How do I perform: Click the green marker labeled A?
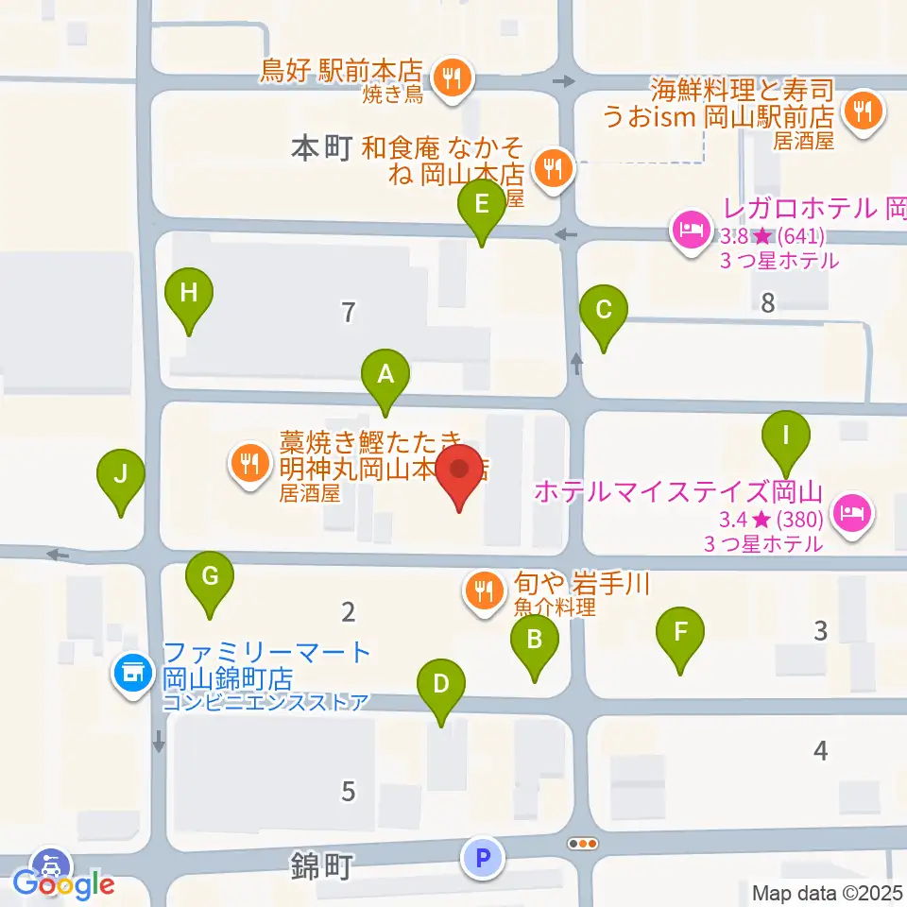coord(385,374)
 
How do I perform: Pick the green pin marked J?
coord(121,475)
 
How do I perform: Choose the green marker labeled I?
coord(786,436)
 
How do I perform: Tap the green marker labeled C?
coord(603,311)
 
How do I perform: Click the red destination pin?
coord(460,472)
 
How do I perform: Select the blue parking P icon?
coord(483,858)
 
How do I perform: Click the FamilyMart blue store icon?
coord(130,673)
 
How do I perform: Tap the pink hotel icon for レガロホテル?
coord(690,230)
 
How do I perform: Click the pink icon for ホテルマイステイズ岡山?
coord(852,513)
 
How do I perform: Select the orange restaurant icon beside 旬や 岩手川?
coord(484,592)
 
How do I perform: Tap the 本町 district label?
coord(321,149)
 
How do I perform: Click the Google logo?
coord(64,884)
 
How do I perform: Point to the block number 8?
coord(767,303)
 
